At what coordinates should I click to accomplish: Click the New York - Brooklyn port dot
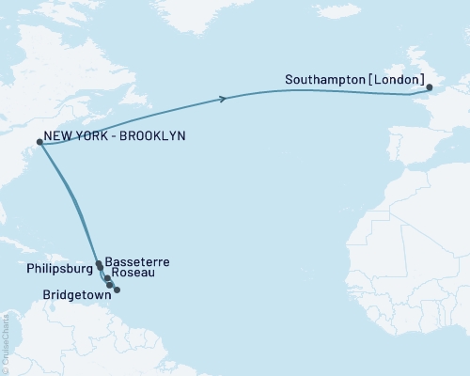(39, 143)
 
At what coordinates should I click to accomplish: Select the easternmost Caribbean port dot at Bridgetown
(117, 290)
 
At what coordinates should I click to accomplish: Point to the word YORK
(97, 136)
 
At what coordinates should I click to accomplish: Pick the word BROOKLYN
(154, 136)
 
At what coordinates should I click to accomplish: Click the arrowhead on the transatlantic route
(223, 99)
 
